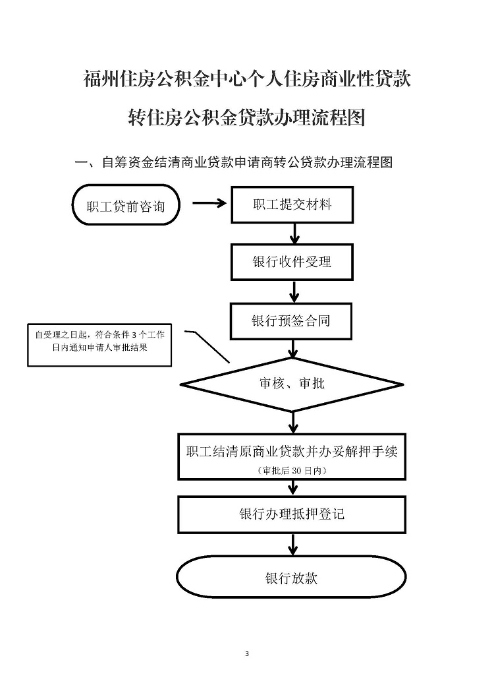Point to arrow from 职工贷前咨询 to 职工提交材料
(x=209, y=203)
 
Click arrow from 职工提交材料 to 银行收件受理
(x=294, y=233)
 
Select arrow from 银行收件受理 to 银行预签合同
(x=294, y=291)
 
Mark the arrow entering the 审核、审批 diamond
(x=293, y=349)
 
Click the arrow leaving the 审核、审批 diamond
(x=293, y=422)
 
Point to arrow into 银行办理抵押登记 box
(x=292, y=488)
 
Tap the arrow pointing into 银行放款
(x=292, y=544)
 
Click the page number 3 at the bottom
(x=247, y=654)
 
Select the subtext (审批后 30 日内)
(x=292, y=470)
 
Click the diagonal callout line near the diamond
(x=207, y=346)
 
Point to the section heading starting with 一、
(x=234, y=162)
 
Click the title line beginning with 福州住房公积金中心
(x=247, y=78)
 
